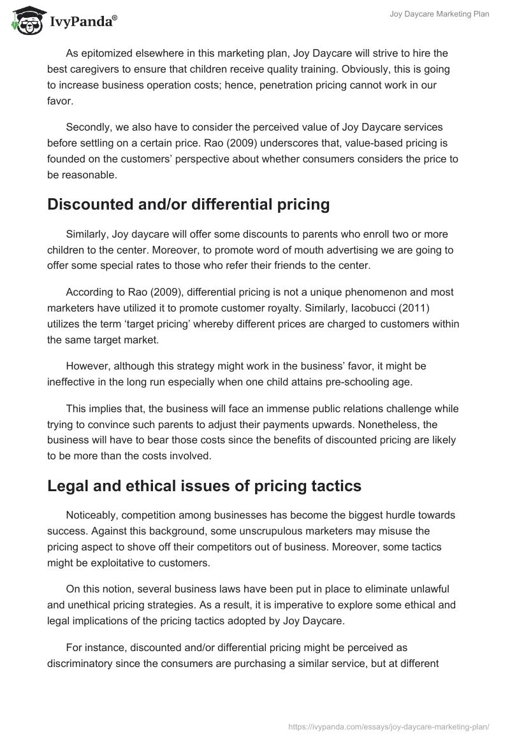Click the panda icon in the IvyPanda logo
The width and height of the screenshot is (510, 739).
(x=25, y=21)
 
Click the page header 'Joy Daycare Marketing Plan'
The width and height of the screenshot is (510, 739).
(x=439, y=14)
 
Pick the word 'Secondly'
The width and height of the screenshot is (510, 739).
(x=88, y=127)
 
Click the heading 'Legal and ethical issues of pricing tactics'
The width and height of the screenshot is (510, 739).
(x=204, y=485)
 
